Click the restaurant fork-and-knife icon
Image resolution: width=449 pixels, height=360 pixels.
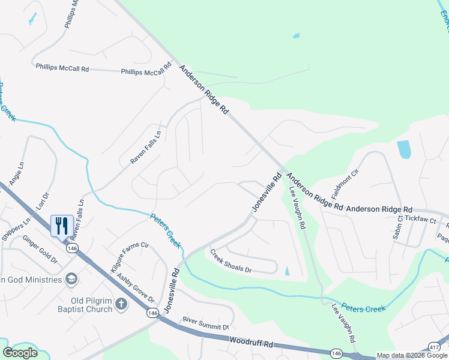click(62, 226)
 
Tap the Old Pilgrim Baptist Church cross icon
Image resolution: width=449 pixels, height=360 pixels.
click(121, 304)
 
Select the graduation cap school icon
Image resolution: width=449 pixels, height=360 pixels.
click(71, 279)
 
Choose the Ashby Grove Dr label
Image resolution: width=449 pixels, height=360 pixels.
click(136, 288)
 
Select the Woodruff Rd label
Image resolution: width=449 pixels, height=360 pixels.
click(251, 344)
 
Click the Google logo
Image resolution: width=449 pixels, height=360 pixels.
click(20, 353)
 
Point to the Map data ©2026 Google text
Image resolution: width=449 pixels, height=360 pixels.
click(412, 355)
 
